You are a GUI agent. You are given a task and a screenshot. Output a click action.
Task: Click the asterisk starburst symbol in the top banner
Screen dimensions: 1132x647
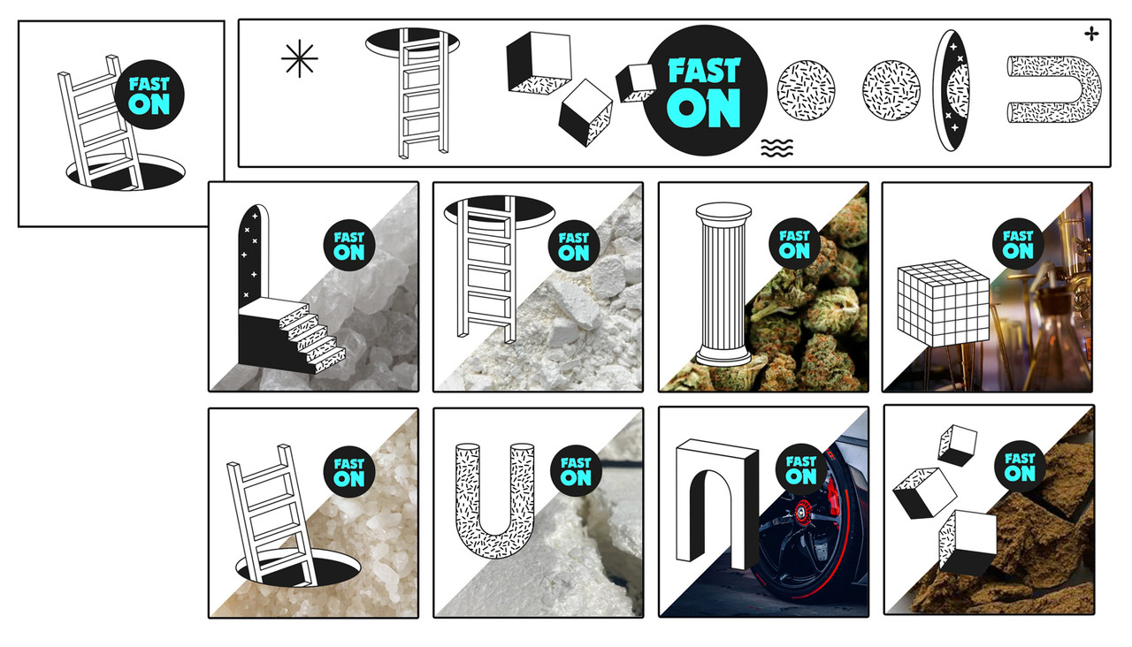tap(300, 58)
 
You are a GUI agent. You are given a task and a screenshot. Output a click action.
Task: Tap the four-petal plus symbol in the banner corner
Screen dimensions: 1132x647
tap(1091, 34)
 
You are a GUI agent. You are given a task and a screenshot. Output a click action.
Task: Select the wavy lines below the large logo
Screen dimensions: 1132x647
tap(776, 148)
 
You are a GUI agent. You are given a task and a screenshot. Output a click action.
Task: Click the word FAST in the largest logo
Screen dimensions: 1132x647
tap(704, 70)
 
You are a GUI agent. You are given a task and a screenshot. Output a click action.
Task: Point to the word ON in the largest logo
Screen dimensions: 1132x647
tap(703, 108)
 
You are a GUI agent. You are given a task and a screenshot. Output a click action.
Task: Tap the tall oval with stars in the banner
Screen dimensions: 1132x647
tap(952, 90)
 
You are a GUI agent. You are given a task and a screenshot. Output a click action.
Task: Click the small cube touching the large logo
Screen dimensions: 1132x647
tap(635, 83)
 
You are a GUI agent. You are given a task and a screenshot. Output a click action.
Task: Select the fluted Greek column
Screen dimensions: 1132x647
tap(723, 285)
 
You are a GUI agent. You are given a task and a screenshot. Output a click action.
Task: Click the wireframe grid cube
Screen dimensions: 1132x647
tap(944, 303)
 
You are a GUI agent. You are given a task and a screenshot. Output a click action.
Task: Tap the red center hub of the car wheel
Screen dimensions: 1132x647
tap(800, 511)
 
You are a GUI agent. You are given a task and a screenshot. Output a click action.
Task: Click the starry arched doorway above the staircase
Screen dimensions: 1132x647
tap(253, 255)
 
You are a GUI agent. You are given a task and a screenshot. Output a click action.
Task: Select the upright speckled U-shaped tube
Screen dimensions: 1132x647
tap(494, 501)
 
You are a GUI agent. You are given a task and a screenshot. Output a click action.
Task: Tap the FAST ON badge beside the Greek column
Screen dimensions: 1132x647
tap(794, 244)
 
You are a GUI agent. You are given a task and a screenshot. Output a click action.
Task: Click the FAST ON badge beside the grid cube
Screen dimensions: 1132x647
tap(1018, 244)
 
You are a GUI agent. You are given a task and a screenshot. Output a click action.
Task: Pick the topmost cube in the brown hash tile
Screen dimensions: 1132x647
tap(957, 445)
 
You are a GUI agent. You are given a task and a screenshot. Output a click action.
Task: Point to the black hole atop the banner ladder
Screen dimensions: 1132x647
tap(412, 41)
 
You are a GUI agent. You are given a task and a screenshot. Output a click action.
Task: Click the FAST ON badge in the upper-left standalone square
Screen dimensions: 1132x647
tap(149, 95)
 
